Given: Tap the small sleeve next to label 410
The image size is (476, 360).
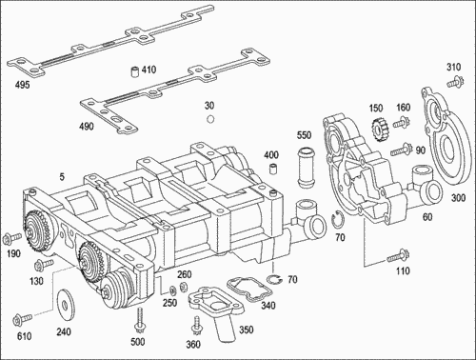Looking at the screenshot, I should coord(133,70).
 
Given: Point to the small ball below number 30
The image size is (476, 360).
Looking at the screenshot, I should coord(209,120).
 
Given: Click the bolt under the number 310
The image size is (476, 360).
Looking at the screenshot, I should coord(454,82).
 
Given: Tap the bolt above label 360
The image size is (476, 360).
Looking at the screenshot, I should coord(194,325).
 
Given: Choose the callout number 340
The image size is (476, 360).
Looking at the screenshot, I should coord(268,306).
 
